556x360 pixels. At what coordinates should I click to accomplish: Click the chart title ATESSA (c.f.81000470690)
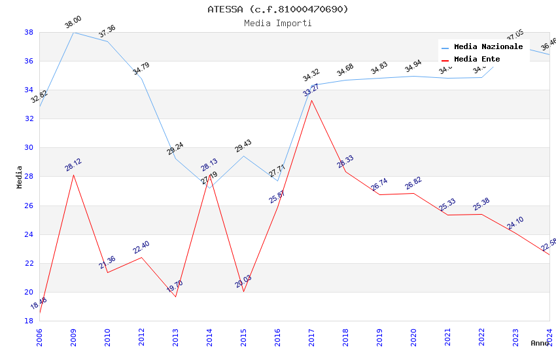tap(278, 9)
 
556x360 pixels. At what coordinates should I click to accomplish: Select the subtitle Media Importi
tap(278, 23)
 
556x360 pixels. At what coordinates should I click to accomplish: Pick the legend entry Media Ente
tap(477, 59)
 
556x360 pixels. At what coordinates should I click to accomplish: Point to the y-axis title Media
tap(20, 177)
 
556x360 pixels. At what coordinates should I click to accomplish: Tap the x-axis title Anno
tap(540, 343)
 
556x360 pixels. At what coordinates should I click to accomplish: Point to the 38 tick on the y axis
tap(29, 32)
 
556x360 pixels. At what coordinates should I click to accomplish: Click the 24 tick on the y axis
tap(29, 234)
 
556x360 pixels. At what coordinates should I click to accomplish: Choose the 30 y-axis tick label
tap(29, 148)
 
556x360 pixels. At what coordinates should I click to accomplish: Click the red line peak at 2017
tap(311, 100)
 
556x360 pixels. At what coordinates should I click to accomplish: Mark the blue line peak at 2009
tap(73, 32)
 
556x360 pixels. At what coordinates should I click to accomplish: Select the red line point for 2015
tap(243, 291)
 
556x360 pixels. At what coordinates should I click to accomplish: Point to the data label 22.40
tap(141, 247)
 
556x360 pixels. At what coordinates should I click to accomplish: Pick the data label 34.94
tap(413, 67)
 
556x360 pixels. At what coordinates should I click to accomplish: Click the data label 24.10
tap(515, 224)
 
